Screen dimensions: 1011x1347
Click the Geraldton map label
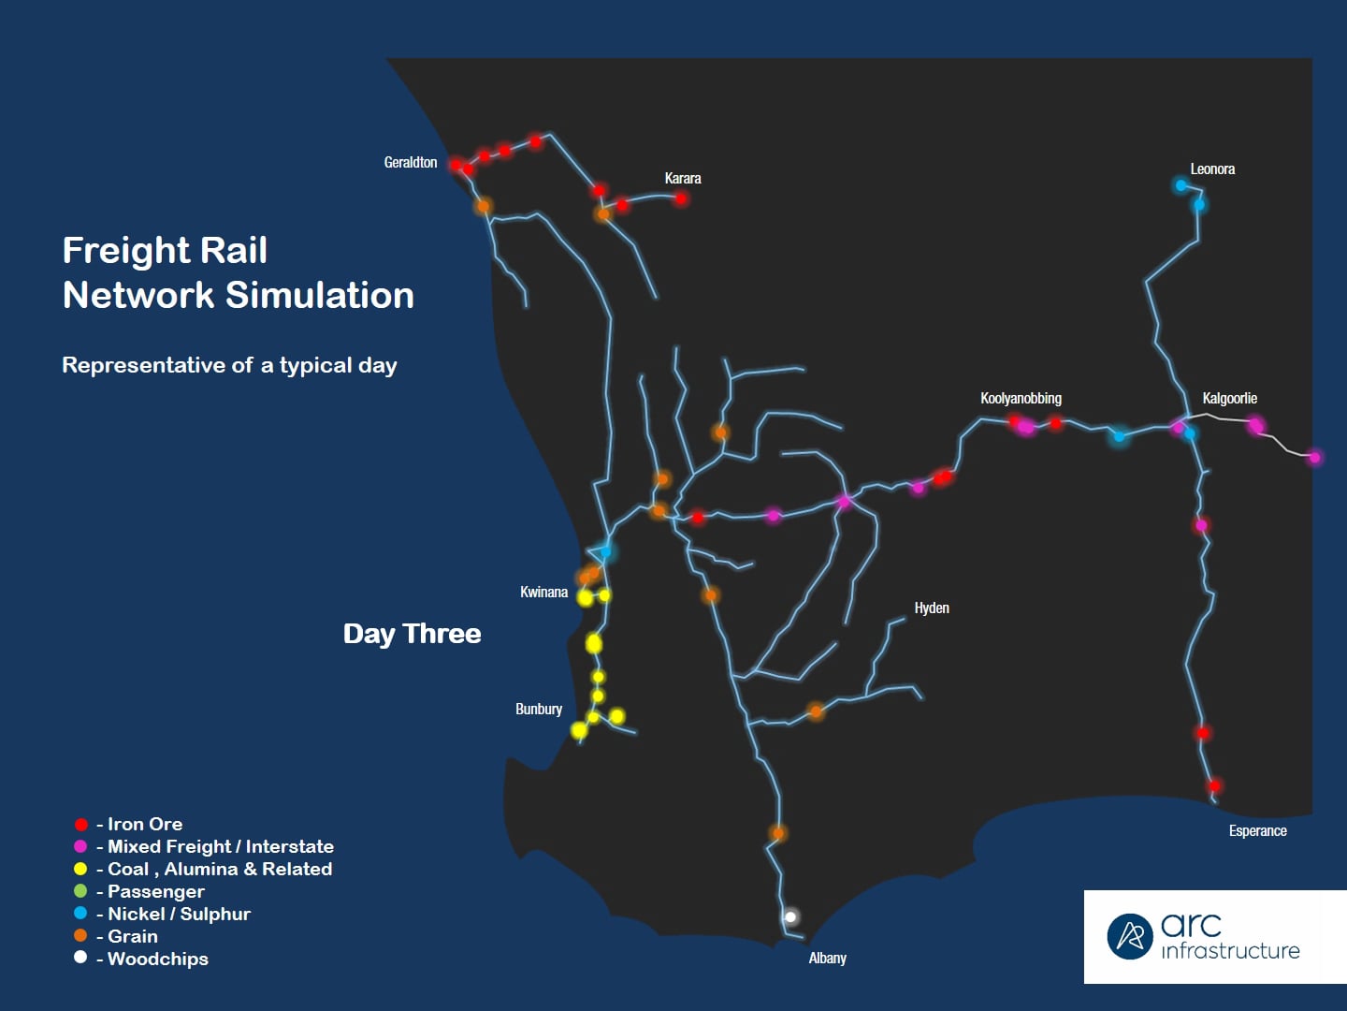(411, 163)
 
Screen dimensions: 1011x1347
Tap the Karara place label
(683, 179)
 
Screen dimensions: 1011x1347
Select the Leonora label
(1212, 169)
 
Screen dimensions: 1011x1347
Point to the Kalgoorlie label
(1229, 399)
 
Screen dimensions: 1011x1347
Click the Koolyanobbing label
(1021, 399)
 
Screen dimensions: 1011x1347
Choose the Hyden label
(932, 608)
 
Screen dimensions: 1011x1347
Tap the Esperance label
(1257, 831)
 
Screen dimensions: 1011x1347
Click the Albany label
(827, 959)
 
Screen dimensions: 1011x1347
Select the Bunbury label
(539, 710)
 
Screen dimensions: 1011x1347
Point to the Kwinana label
(543, 593)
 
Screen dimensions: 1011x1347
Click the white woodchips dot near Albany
(790, 917)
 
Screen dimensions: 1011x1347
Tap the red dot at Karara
(681, 198)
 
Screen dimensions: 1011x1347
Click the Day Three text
(412, 634)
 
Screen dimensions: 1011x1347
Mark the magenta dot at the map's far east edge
(1314, 458)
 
